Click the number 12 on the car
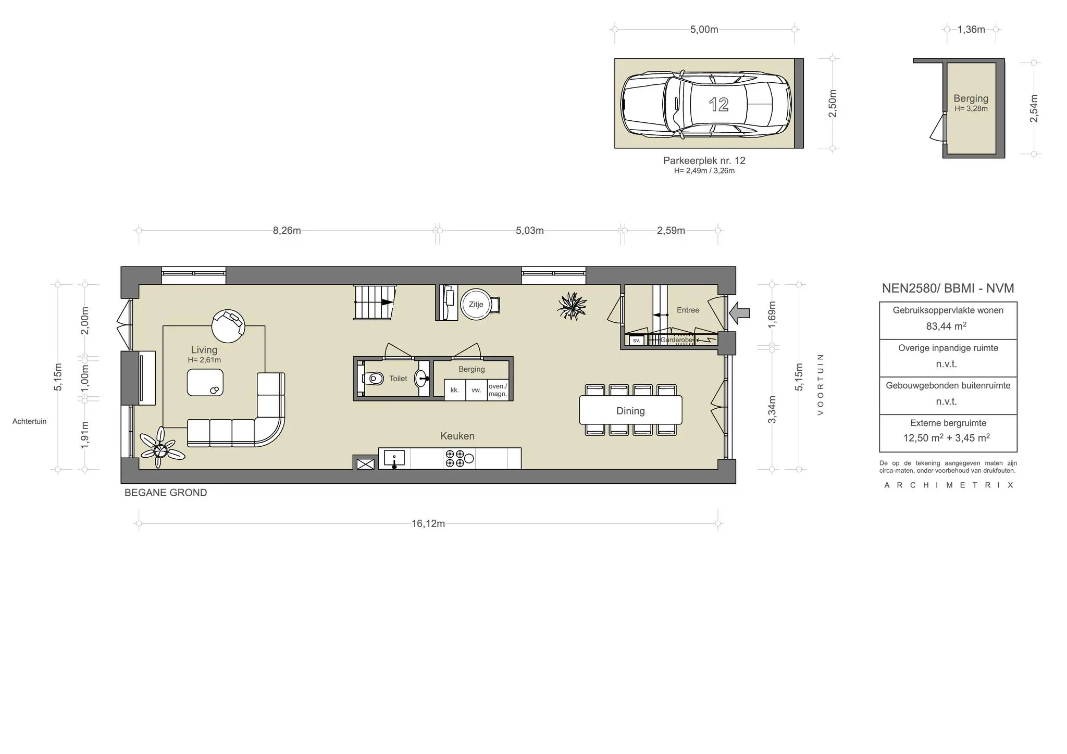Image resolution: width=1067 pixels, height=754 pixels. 718,105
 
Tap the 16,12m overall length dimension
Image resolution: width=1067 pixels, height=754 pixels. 428,523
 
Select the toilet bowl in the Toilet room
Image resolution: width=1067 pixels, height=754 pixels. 374,378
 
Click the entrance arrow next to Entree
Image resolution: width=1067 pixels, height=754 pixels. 740,313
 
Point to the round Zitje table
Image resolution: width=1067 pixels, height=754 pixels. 475,305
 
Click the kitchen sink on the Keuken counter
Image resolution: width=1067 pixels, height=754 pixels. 394,459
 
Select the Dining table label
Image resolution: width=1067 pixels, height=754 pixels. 630,411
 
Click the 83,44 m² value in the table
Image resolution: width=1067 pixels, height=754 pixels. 946,326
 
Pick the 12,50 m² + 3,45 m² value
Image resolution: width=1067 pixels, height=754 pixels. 946,438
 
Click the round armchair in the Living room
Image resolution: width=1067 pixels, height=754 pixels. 228,325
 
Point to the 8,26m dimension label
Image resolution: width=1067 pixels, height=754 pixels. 287,231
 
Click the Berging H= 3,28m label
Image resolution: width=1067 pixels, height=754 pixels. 971,103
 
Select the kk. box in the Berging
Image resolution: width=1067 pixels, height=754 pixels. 454,390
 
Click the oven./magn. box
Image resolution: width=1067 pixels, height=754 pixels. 498,390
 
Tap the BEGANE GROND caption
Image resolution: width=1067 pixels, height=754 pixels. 166,493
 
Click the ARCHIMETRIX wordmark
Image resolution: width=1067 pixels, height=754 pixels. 948,485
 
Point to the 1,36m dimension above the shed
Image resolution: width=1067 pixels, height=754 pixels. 971,30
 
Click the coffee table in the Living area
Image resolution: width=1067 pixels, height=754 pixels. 205,383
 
